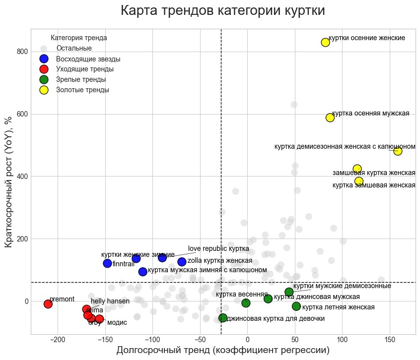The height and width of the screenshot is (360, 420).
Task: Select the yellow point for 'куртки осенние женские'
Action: click(326, 42)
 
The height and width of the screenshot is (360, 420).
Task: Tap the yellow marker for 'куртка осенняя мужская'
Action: click(330, 118)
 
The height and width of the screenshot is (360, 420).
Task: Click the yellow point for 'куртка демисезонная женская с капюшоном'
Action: click(398, 151)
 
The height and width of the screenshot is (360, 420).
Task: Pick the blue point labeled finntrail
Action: click(107, 263)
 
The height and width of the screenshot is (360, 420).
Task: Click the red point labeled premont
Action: click(48, 304)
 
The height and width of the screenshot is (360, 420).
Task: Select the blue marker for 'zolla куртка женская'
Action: click(182, 261)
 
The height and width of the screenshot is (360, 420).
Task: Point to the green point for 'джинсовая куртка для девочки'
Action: click(223, 318)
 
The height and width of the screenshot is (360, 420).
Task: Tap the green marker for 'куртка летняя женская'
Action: click(296, 306)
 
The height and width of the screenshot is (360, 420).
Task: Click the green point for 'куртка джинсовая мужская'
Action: click(268, 299)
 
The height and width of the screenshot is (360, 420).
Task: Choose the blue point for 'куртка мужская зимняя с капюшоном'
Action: click(143, 271)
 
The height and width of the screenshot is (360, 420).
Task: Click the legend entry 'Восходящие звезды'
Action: click(88, 59)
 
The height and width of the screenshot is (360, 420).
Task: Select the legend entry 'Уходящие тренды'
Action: click(85, 69)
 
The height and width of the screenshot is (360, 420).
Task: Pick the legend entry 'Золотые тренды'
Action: click(82, 90)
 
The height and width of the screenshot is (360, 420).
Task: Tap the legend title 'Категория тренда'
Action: click(79, 38)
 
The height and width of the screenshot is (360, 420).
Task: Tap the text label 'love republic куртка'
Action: click(218, 248)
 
